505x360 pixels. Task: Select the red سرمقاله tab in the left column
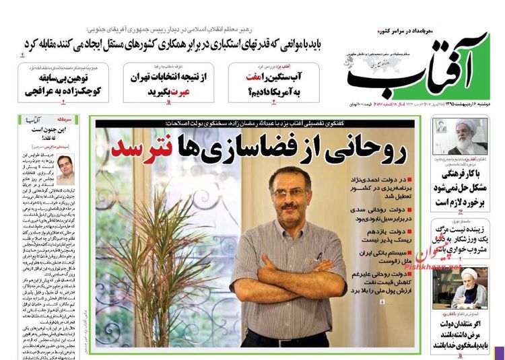[83, 122]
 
